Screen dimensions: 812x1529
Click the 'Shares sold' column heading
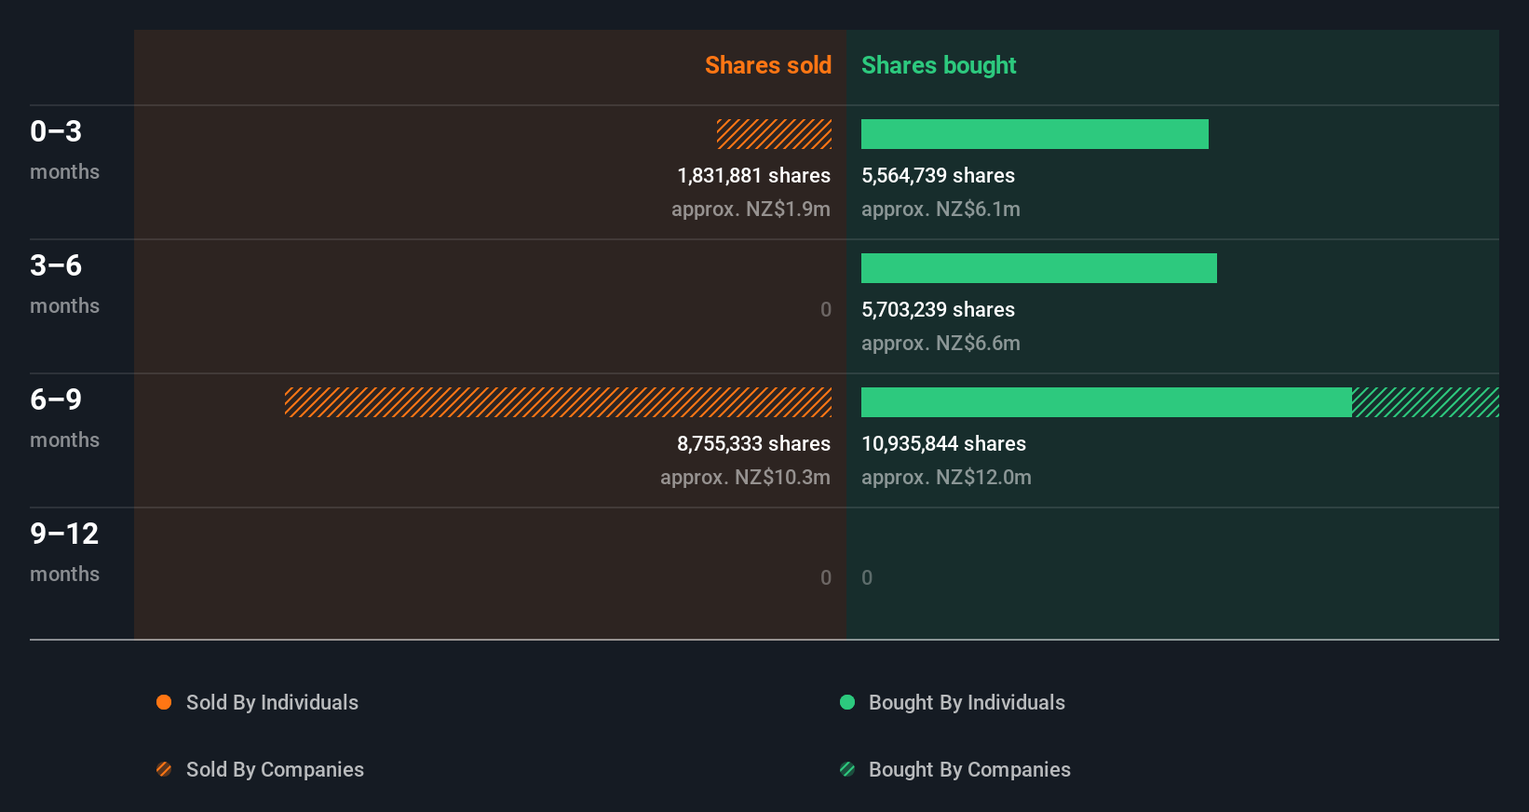pos(767,65)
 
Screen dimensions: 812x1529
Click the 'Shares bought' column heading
pos(938,65)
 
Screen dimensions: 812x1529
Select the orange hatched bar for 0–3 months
pos(774,134)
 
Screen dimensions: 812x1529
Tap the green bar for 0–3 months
pos(1035,134)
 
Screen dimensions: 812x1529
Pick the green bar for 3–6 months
pos(1038,268)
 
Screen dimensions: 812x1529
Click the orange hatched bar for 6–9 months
pos(558,402)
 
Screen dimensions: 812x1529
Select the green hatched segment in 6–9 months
pos(1425,402)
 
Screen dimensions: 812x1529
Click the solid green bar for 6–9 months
pos(1106,402)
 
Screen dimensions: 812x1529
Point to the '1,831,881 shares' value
pos(753,176)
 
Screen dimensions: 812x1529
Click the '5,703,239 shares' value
pos(938,310)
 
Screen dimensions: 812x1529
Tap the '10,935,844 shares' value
pos(943,444)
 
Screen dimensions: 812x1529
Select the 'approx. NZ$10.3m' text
pos(745,478)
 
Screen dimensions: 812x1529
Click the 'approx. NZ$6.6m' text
pos(940,344)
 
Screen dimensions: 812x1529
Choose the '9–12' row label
pos(64,534)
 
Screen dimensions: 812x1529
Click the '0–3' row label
pos(56,131)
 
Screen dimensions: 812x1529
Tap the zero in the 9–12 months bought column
pos(867,577)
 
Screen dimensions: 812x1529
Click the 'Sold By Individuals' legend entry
pos(272,702)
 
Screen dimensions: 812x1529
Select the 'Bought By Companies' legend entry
pos(968,769)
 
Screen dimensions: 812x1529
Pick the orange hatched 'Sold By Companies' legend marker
pos(164,769)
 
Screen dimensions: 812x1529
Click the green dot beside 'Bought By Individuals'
pos(847,702)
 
